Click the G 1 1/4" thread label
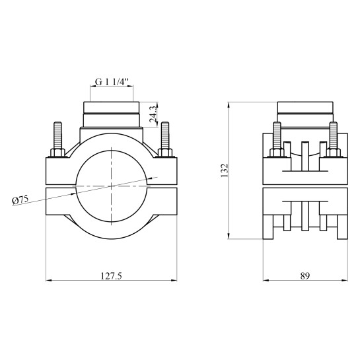(x=112, y=82)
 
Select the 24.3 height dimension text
(x=153, y=114)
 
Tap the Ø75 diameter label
(x=20, y=199)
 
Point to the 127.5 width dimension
(x=112, y=275)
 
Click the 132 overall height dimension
(x=224, y=170)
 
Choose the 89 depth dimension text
(x=305, y=275)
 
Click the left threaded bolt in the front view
(x=57, y=135)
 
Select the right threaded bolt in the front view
(x=165, y=135)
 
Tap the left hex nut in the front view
(x=57, y=153)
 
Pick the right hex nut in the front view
(x=165, y=153)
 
